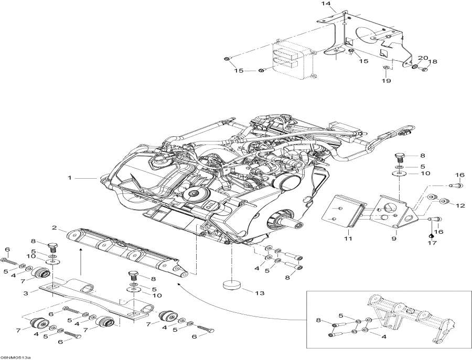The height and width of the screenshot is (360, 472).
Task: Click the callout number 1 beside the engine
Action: click(69, 178)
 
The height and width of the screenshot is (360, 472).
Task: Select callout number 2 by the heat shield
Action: click(54, 227)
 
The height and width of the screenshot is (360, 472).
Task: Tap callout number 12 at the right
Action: click(460, 205)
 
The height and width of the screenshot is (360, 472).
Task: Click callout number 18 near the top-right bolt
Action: click(433, 62)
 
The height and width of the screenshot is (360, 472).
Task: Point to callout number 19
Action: click(387, 81)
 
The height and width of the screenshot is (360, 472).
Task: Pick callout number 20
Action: click(423, 58)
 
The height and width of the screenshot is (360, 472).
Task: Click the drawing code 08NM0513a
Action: click(15, 357)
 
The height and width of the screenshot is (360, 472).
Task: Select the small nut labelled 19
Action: click(387, 69)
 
